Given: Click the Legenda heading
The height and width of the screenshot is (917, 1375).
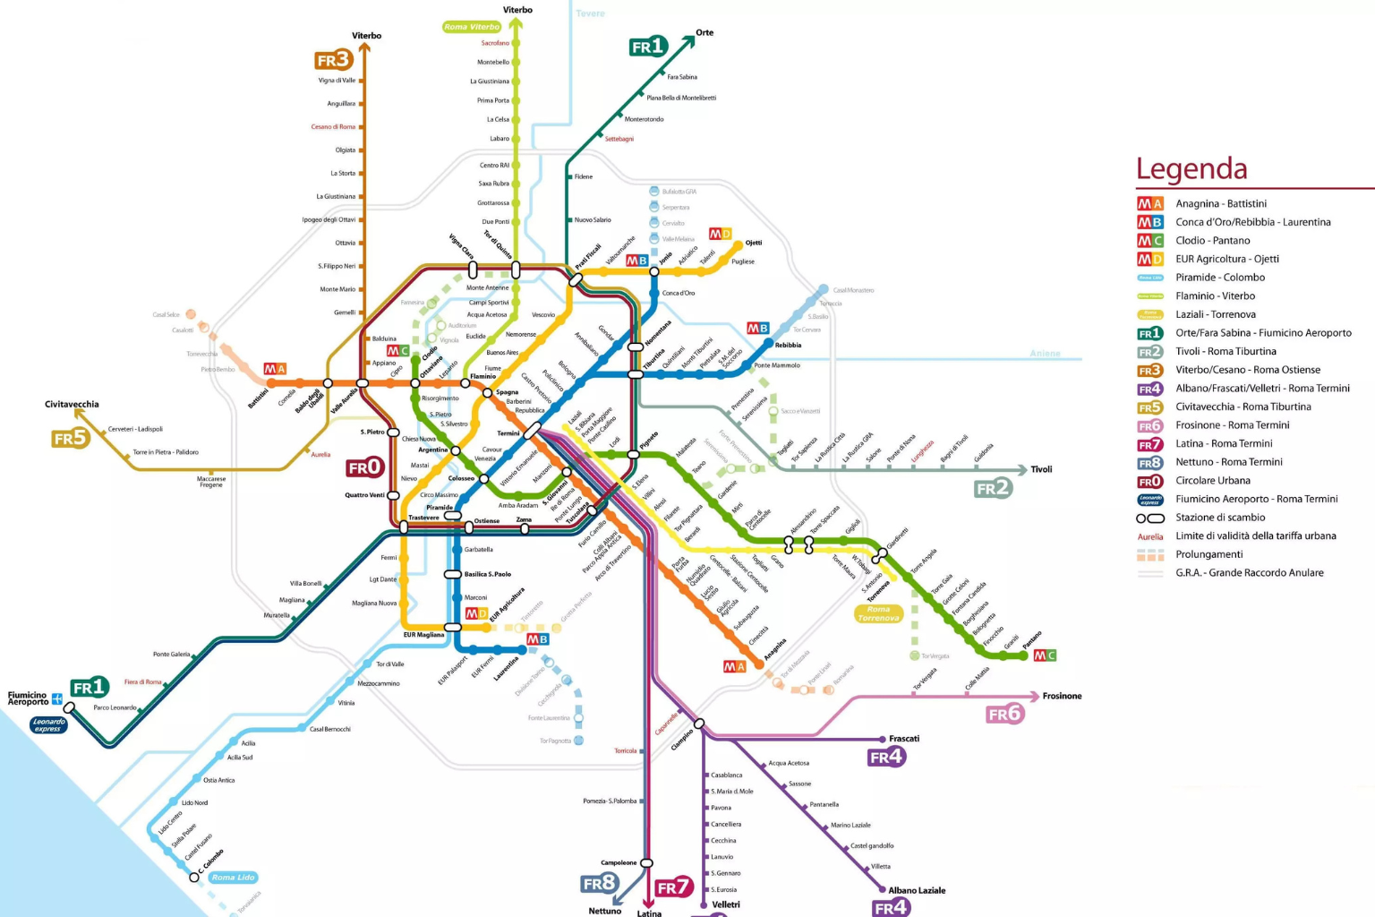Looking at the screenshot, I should pyautogui.click(x=1191, y=169).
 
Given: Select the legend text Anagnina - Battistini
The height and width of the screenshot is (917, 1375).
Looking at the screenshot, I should pyautogui.click(x=1221, y=204).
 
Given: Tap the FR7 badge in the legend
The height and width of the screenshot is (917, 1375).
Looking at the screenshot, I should pyautogui.click(x=1150, y=444).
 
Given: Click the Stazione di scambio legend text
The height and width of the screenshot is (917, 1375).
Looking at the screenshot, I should pyautogui.click(x=1220, y=518).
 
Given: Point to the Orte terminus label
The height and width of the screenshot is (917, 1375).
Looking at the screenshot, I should pyautogui.click(x=705, y=33).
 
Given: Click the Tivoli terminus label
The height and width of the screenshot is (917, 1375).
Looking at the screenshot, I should pyautogui.click(x=1041, y=469).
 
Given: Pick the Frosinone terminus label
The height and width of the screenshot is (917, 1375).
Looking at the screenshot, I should pyautogui.click(x=1062, y=696).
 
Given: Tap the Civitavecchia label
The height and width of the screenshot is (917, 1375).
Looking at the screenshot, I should pyautogui.click(x=72, y=405).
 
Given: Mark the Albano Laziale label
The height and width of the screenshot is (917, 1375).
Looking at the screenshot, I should pyautogui.click(x=917, y=890).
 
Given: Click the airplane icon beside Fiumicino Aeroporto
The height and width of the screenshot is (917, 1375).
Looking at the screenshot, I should pyautogui.click(x=57, y=698).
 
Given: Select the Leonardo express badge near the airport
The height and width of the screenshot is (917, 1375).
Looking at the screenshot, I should pyautogui.click(x=48, y=724).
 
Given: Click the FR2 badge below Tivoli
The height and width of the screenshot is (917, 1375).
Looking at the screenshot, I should pyautogui.click(x=993, y=488).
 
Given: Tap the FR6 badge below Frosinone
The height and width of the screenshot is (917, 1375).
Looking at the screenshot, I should pyautogui.click(x=1004, y=714).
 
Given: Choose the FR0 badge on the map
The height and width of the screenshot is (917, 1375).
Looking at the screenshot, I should pyautogui.click(x=364, y=467).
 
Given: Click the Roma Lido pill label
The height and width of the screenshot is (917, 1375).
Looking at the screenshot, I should pyautogui.click(x=234, y=878).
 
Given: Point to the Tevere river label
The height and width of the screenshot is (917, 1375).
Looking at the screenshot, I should pyautogui.click(x=590, y=13).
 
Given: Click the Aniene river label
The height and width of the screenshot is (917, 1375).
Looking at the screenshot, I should pyautogui.click(x=1045, y=354).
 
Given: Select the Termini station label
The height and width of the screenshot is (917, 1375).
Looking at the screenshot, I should pyautogui.click(x=508, y=433).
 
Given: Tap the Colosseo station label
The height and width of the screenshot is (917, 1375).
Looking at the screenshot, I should pyautogui.click(x=461, y=478).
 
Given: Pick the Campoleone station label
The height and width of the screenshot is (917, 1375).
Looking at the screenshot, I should pyautogui.click(x=619, y=862).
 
